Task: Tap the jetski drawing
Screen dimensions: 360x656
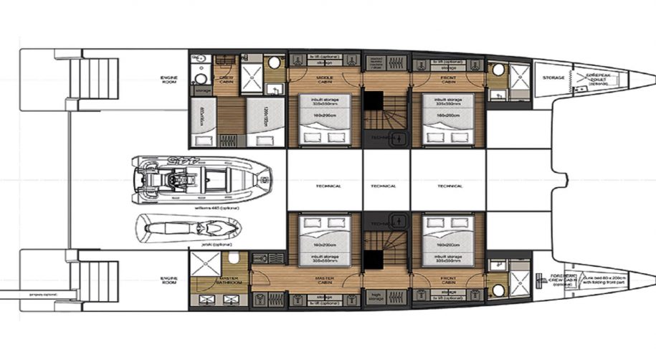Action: (x=188, y=228)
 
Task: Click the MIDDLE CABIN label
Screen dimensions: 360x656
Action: (x=324, y=80)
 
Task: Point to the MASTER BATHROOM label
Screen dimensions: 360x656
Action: (x=229, y=280)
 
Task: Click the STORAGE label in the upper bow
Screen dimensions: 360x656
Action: (x=553, y=77)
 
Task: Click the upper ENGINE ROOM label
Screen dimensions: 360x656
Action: (x=169, y=79)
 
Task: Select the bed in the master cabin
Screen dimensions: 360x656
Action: (x=324, y=234)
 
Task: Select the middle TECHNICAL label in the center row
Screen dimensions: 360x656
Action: (x=384, y=186)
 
